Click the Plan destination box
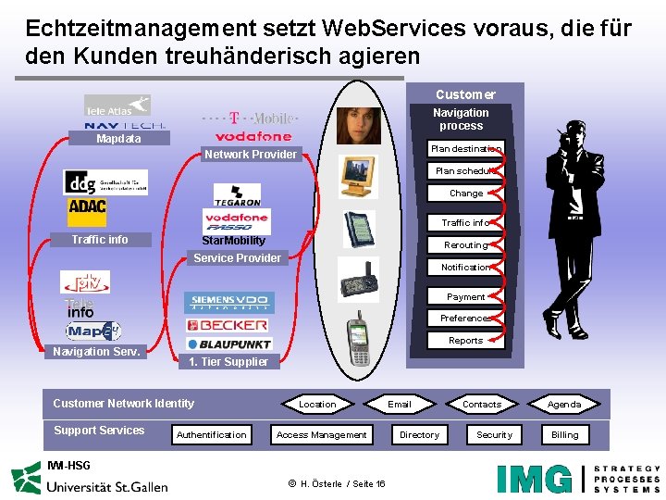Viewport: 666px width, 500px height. point(465,148)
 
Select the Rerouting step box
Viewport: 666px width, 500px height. point(465,245)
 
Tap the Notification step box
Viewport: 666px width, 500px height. point(465,268)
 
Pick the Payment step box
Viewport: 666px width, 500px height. point(465,297)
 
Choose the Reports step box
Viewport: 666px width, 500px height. point(465,341)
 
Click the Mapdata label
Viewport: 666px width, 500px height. point(119,139)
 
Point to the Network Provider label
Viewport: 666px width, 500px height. point(251,155)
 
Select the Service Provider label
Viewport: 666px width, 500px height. point(237,258)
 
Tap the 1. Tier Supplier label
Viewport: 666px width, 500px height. point(228,362)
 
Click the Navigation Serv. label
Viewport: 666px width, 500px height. point(97,352)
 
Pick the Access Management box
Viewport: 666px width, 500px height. point(322,435)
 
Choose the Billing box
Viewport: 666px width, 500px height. point(564,435)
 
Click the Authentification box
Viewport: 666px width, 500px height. point(212,435)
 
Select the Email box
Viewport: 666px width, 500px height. point(400,405)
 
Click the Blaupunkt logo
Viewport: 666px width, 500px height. point(228,343)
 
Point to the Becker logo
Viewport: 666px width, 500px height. point(227,325)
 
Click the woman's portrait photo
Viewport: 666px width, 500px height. point(358,126)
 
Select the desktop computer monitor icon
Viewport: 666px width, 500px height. point(357,176)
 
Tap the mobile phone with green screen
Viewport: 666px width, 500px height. point(357,342)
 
